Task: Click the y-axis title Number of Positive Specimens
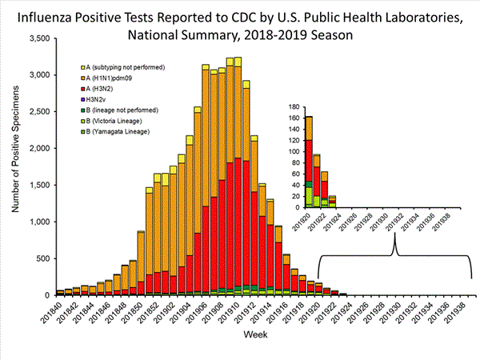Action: pos(12,166)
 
